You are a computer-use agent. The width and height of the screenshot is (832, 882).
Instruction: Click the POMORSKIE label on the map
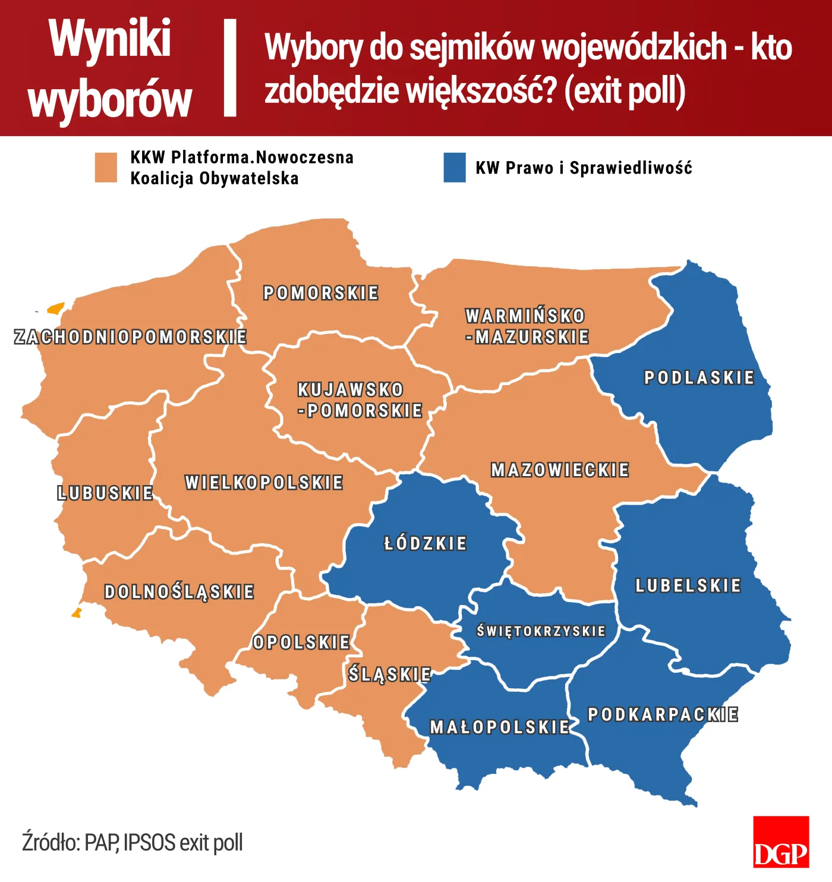321,293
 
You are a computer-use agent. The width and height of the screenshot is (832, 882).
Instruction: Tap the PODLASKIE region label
699,377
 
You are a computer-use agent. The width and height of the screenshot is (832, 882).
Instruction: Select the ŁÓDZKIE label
426,543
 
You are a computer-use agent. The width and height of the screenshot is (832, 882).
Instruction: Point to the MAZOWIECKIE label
560,470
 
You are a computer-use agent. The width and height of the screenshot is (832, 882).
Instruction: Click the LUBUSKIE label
105,493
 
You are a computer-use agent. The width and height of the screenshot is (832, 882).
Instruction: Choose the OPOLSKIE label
301,642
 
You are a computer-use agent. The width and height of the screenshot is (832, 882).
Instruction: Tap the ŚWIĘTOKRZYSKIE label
541,631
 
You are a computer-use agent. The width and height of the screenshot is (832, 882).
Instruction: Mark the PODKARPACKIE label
663,714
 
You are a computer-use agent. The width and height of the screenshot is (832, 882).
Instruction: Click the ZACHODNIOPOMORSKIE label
130,337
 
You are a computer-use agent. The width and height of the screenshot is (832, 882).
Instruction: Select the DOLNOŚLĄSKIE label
179,592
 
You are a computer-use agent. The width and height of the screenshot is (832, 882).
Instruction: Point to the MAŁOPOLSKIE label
500,727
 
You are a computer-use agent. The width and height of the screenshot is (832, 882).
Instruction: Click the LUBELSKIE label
688,585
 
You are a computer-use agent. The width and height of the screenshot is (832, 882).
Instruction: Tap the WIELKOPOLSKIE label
264,482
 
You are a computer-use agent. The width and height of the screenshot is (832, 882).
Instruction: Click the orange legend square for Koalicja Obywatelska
106,167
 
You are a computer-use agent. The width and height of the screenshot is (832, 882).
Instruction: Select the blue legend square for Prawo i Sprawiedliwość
455,167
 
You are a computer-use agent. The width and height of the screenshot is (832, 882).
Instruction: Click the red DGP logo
781,842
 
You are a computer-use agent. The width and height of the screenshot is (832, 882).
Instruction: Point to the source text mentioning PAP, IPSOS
133,842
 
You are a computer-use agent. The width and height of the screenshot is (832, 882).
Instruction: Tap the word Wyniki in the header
111,39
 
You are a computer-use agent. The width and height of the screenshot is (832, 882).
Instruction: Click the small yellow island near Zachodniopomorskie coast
56,308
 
